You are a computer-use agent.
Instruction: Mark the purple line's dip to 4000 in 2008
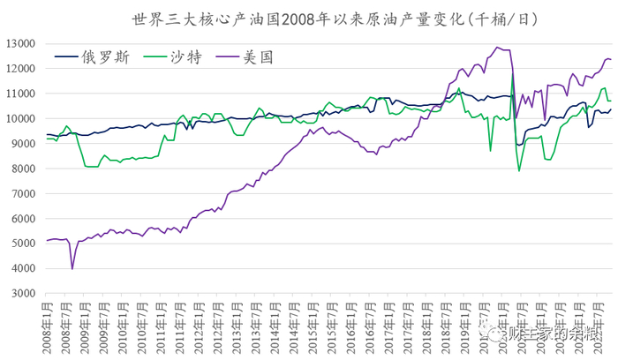click(x=72, y=268)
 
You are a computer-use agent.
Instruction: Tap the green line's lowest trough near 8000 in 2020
click(x=519, y=170)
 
